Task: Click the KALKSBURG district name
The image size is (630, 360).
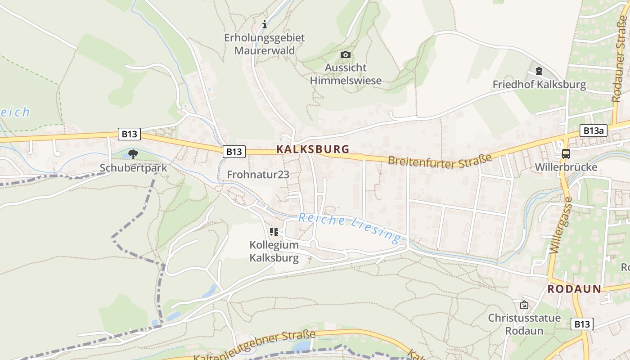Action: (313, 149)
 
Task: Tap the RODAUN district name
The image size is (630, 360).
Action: (574, 289)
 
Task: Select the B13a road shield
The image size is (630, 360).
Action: (593, 130)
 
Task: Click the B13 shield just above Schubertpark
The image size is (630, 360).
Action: (129, 134)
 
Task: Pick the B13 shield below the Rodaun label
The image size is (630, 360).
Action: (582, 324)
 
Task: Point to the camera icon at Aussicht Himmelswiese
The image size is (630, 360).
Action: (346, 55)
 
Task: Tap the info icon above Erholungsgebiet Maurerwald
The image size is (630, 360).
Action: (265, 24)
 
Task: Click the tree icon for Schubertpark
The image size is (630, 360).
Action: (133, 154)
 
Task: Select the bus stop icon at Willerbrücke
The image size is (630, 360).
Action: (566, 154)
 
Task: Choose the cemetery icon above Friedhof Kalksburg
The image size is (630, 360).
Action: (539, 71)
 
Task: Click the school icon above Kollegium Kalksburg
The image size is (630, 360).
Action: (274, 232)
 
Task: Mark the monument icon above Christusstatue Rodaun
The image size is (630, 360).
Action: (524, 305)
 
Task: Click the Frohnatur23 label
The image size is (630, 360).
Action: (258, 175)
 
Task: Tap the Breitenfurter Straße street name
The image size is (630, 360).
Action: (440, 161)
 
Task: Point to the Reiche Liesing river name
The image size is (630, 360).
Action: (350, 227)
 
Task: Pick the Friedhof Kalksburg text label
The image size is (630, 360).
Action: (539, 85)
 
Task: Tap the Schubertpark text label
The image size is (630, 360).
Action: (133, 168)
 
